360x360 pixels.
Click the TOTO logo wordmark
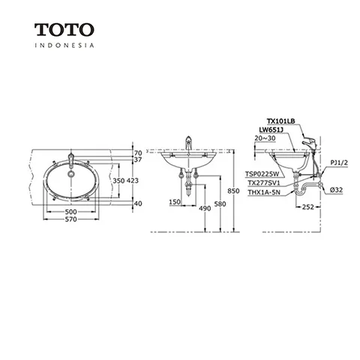point(64,30)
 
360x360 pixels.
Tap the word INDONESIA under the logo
point(64,45)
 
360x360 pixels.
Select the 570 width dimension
point(71,219)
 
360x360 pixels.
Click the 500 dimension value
point(71,211)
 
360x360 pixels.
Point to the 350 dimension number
point(118,181)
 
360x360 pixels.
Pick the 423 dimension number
point(133,181)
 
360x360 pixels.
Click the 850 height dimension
point(233,190)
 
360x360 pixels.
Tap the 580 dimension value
point(220,204)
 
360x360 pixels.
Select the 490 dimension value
point(205,208)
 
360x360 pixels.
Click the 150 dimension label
point(175,202)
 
